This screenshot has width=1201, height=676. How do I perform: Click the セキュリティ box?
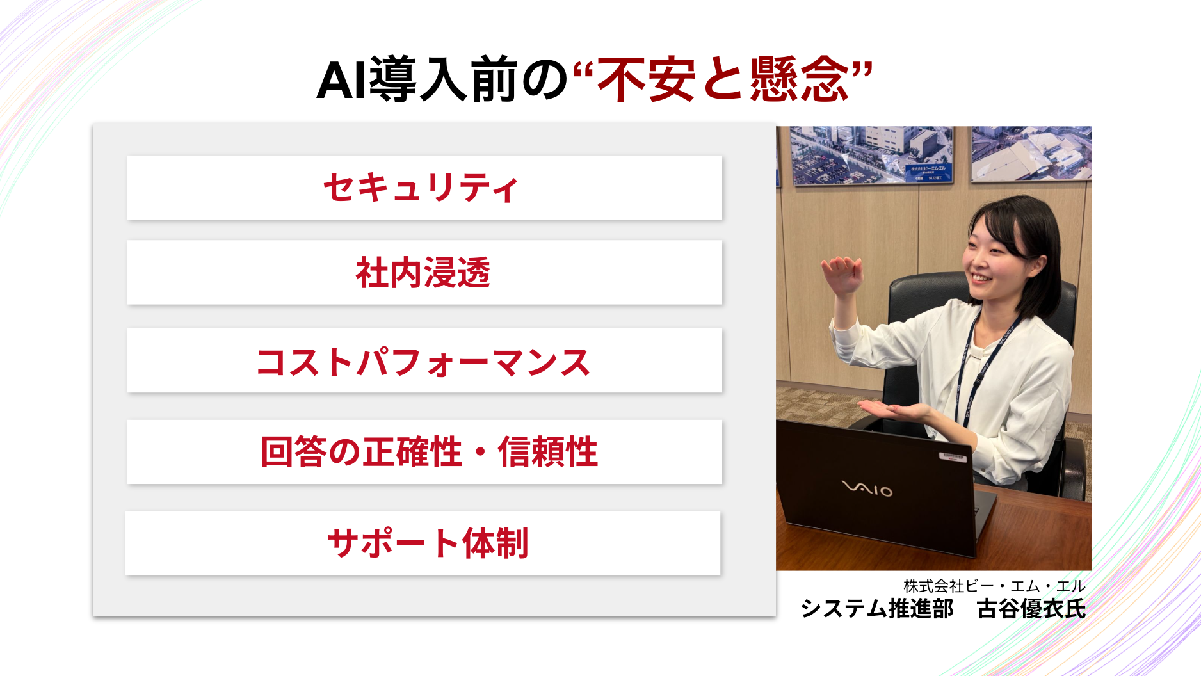coord(424,188)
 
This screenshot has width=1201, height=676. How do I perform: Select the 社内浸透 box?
coord(424,272)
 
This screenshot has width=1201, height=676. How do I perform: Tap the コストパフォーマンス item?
coord(424,360)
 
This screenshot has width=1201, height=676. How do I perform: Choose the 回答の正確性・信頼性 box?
coord(424,452)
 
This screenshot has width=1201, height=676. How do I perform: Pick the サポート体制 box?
coord(423,543)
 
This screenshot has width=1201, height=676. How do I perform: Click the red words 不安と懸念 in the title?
coord(723,79)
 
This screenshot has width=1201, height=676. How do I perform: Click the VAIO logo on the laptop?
coord(867,488)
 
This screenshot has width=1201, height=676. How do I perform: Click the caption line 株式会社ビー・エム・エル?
coord(994,586)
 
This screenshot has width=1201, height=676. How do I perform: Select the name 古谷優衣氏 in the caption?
coord(1031,608)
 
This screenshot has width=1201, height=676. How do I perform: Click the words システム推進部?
coord(877,608)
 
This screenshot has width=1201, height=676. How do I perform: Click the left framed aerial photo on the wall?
coord(871,155)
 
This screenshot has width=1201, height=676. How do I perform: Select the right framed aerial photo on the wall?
coord(1031,154)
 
